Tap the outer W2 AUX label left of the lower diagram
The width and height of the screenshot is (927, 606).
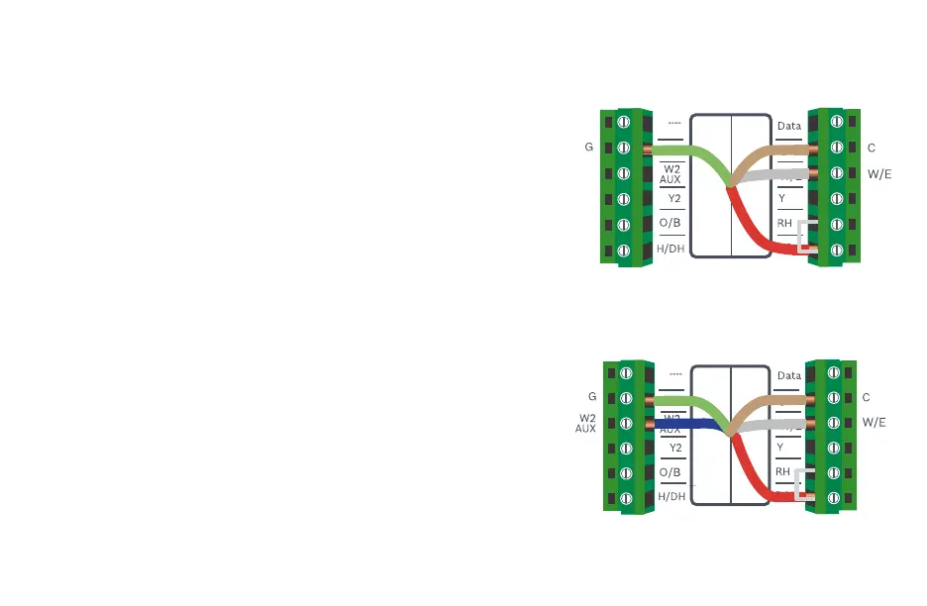[x=587, y=424]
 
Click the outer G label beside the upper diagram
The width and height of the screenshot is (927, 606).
[x=589, y=148]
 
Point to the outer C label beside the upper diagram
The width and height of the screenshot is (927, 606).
[x=871, y=148]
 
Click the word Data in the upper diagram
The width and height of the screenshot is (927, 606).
[x=789, y=127]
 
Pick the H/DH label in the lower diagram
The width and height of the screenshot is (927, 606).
[x=671, y=496]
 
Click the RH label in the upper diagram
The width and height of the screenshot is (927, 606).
[x=784, y=223]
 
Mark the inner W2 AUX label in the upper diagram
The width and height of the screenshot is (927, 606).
[x=670, y=174]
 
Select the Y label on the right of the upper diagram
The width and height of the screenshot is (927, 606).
[x=782, y=198]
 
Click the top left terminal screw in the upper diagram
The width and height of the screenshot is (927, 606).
[x=625, y=122]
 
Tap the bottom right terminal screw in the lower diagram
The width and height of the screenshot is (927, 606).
[x=835, y=498]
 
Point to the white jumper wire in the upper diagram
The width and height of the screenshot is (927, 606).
[x=810, y=236]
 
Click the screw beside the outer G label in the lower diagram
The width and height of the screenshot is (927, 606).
[x=625, y=398]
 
